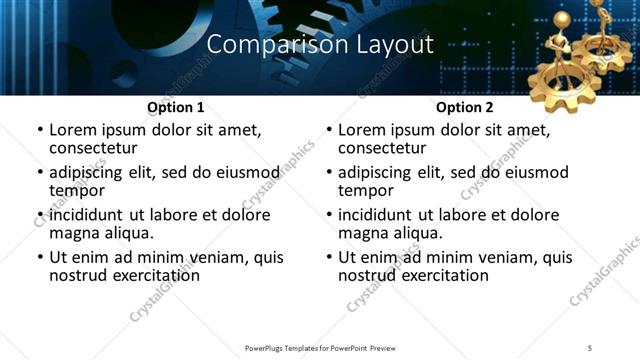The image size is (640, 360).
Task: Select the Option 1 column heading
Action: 175,107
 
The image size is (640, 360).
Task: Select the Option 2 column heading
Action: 465,107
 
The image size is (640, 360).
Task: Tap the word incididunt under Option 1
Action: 85,215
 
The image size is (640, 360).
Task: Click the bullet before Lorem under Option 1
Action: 39,130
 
